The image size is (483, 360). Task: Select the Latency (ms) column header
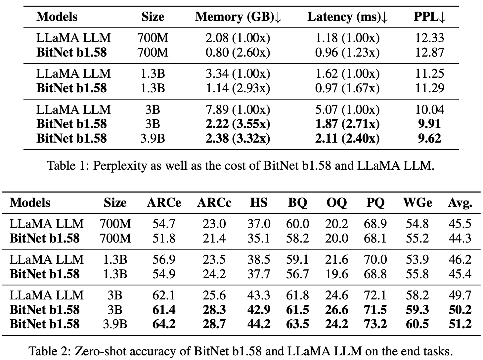click(x=347, y=17)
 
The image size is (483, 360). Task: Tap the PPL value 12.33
click(x=429, y=38)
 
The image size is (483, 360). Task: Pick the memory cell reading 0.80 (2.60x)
click(x=238, y=52)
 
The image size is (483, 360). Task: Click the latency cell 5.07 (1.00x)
click(x=347, y=110)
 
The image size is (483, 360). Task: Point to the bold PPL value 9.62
click(x=429, y=138)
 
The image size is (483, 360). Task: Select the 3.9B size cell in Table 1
click(x=153, y=138)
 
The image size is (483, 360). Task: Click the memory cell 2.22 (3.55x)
click(x=238, y=124)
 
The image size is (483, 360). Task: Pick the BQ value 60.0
click(x=297, y=224)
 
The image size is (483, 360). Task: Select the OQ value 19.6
click(x=336, y=274)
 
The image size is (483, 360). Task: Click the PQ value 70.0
click(x=375, y=259)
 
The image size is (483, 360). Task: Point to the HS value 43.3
click(x=259, y=295)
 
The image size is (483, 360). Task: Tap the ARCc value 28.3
click(x=214, y=310)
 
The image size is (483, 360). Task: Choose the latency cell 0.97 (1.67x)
click(x=347, y=88)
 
